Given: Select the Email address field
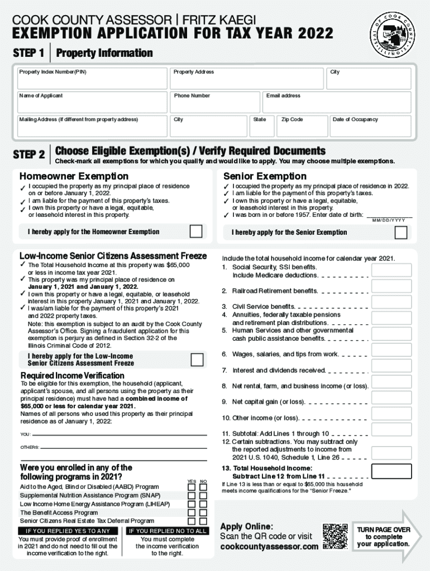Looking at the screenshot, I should point(337,103).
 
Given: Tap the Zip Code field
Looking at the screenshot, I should point(302,127).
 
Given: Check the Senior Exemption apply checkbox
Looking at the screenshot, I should point(400,232).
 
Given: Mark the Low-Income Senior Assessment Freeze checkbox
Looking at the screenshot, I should point(197,360).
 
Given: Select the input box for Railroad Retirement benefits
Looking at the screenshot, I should point(391,287).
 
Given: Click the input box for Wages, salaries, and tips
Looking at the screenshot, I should point(391,350).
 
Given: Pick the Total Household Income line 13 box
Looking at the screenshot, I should point(391,471).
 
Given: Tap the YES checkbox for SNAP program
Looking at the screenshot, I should point(192,496).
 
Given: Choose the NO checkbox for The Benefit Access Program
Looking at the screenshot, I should point(204,512).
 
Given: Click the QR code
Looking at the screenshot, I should point(335,536).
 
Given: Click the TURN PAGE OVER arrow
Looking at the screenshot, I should point(385,537).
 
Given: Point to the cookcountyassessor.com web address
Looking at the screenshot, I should point(269,547).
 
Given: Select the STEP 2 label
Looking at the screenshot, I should point(29,154).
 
